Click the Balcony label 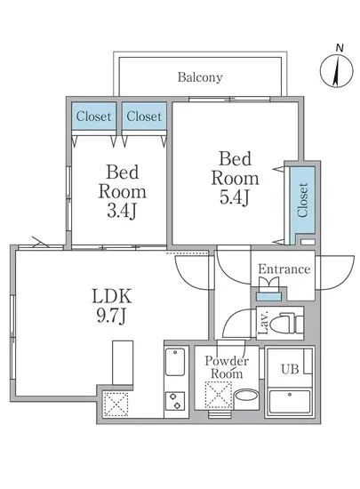pyautogui.click(x=200, y=77)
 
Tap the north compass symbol pyautogui.click(x=337, y=70)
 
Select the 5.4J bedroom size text pyautogui.click(x=235, y=197)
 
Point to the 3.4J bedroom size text pyautogui.click(x=122, y=211)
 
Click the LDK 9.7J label pyautogui.click(x=112, y=306)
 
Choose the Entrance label pyautogui.click(x=284, y=269)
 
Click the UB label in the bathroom pyautogui.click(x=290, y=370)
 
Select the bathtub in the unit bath pyautogui.click(x=290, y=401)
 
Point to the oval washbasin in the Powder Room pyautogui.click(x=246, y=397)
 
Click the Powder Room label pyautogui.click(x=227, y=367)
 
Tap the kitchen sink pyautogui.click(x=175, y=362)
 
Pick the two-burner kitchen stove pyautogui.click(x=175, y=401)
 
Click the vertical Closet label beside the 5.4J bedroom pyautogui.click(x=302, y=200)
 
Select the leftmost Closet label pyautogui.click(x=93, y=116)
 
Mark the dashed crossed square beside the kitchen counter pyautogui.click(x=116, y=405)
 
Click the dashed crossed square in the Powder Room pyautogui.click(x=218, y=395)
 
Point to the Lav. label pyautogui.click(x=264, y=323)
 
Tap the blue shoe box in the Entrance pyautogui.click(x=268, y=297)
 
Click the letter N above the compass pyautogui.click(x=340, y=48)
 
